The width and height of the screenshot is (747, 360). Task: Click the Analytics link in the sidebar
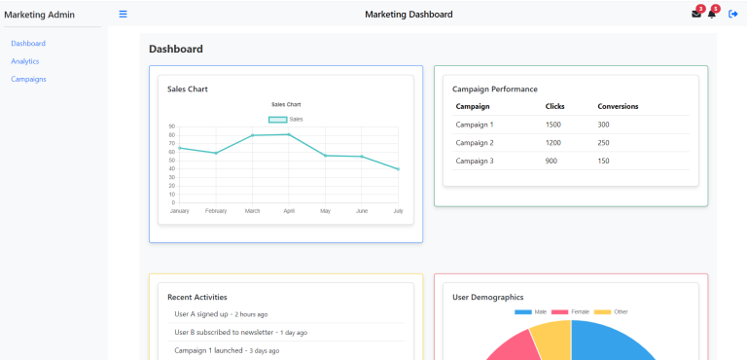[x=25, y=61]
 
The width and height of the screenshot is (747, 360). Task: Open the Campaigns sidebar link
[x=28, y=79]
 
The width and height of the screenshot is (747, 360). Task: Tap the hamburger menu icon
[x=123, y=14]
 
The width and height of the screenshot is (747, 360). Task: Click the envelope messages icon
[x=695, y=14]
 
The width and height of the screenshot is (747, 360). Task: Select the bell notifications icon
[x=711, y=14]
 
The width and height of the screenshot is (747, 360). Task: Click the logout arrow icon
[x=733, y=14]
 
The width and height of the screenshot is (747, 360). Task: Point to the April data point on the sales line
[x=289, y=134]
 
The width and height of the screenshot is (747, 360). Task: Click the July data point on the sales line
[x=398, y=169]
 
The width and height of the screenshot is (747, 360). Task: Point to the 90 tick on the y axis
[x=171, y=126]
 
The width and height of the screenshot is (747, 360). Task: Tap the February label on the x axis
[x=216, y=210]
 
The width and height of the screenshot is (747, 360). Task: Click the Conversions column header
[x=618, y=106]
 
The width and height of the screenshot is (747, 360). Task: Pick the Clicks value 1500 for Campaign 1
[x=552, y=125]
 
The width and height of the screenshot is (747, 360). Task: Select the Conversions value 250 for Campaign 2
[x=603, y=142]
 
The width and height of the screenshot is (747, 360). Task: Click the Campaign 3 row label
[x=474, y=161]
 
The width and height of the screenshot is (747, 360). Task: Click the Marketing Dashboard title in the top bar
[x=409, y=14]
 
